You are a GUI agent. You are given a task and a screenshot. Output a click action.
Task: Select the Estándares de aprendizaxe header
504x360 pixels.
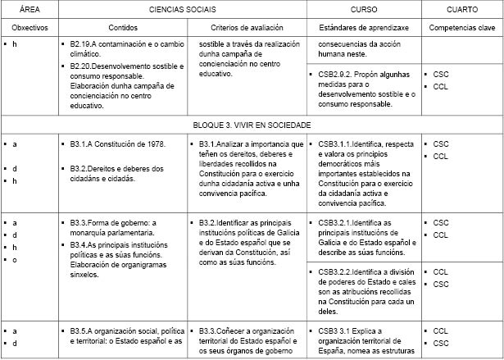[362, 27]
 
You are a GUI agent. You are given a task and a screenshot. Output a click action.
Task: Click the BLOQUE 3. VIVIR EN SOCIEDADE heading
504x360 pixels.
[252, 125]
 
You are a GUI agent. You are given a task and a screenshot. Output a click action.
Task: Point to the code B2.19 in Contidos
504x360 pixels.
[81, 43]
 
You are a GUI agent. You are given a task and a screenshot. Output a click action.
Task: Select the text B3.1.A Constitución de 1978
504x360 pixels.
[118, 144]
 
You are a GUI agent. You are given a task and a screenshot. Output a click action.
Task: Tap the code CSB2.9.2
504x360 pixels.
[335, 74]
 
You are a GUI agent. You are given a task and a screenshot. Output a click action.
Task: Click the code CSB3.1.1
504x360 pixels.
[335, 144]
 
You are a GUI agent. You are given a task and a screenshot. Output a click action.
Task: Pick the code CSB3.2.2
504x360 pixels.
[335, 271]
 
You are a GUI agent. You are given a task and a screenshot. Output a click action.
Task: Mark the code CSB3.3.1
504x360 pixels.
[335, 331]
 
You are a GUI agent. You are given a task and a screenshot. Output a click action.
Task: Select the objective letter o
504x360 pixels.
[15, 260]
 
